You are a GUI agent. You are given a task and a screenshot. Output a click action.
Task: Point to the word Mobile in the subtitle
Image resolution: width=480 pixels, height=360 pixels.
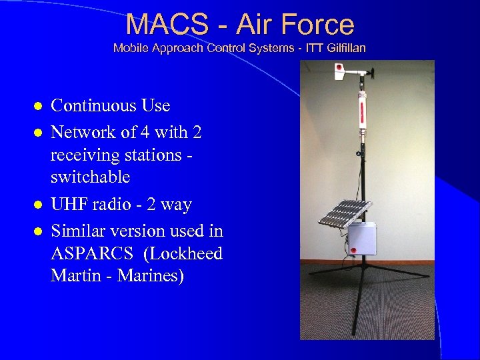[129, 48]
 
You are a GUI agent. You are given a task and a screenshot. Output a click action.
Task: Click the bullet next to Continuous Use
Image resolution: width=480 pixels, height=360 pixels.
[39, 107]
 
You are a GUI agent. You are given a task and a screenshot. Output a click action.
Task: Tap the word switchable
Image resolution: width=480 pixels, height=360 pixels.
[91, 177]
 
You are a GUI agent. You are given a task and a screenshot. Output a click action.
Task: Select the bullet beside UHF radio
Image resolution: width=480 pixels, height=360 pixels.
[39, 205]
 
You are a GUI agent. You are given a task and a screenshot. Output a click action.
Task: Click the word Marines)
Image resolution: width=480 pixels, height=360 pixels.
[151, 275]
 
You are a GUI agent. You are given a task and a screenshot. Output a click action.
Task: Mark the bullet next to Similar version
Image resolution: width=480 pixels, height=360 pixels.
[39, 232]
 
